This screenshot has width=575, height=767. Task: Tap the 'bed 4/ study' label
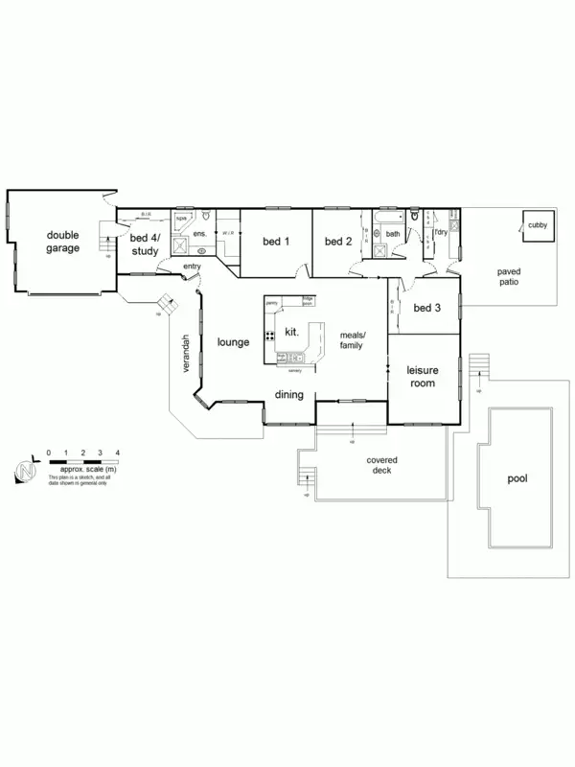point(145,245)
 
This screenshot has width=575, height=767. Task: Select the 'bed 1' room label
point(275,242)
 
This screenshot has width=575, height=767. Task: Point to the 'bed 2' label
point(338,242)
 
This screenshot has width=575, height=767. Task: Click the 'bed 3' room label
point(427,309)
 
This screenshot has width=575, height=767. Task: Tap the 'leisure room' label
point(422,376)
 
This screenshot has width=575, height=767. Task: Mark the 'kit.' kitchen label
point(293,332)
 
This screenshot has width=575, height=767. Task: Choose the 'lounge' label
point(233,341)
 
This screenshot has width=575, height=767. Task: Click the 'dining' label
point(289,395)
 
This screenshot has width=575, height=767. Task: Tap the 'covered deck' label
point(382,465)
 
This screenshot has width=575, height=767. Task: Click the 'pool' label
point(517,478)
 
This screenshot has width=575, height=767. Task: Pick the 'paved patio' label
point(508,277)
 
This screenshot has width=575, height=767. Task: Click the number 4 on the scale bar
point(116,452)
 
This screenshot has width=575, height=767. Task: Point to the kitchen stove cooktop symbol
point(271,336)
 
